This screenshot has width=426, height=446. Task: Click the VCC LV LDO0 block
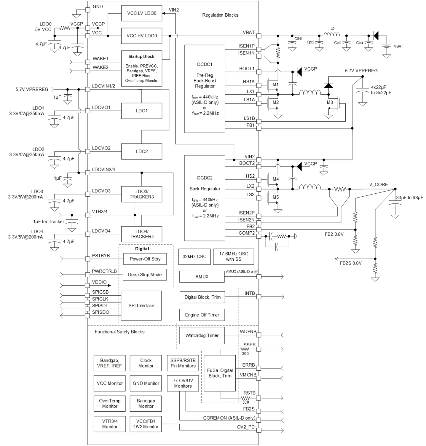pyautogui.click(x=141, y=14)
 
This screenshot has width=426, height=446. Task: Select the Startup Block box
pyautogui.click(x=141, y=69)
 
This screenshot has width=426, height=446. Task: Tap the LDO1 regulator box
pyautogui.click(x=141, y=111)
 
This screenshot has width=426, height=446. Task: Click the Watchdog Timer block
pyautogui.click(x=202, y=335)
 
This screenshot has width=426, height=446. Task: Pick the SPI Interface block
pyautogui.click(x=141, y=306)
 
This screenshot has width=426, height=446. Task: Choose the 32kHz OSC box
pyautogui.click(x=194, y=256)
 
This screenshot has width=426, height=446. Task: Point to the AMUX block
pyautogui.click(x=202, y=277)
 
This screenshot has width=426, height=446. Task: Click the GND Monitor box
pyautogui.click(x=146, y=383)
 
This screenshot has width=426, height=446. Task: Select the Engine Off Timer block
pyautogui.click(x=202, y=315)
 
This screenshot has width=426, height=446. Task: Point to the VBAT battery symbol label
pyautogui.click(x=399, y=46)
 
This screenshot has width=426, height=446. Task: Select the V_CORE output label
pyautogui.click(x=379, y=185)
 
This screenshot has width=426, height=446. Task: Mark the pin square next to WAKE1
pyautogui.click(x=88, y=62)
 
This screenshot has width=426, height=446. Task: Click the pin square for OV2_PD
pyautogui.click(x=259, y=430)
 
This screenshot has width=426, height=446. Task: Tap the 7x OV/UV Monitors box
pyautogui.click(x=183, y=383)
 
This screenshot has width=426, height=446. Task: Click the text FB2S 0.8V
pyautogui.click(x=351, y=263)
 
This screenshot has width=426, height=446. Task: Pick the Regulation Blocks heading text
pyautogui.click(x=220, y=15)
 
